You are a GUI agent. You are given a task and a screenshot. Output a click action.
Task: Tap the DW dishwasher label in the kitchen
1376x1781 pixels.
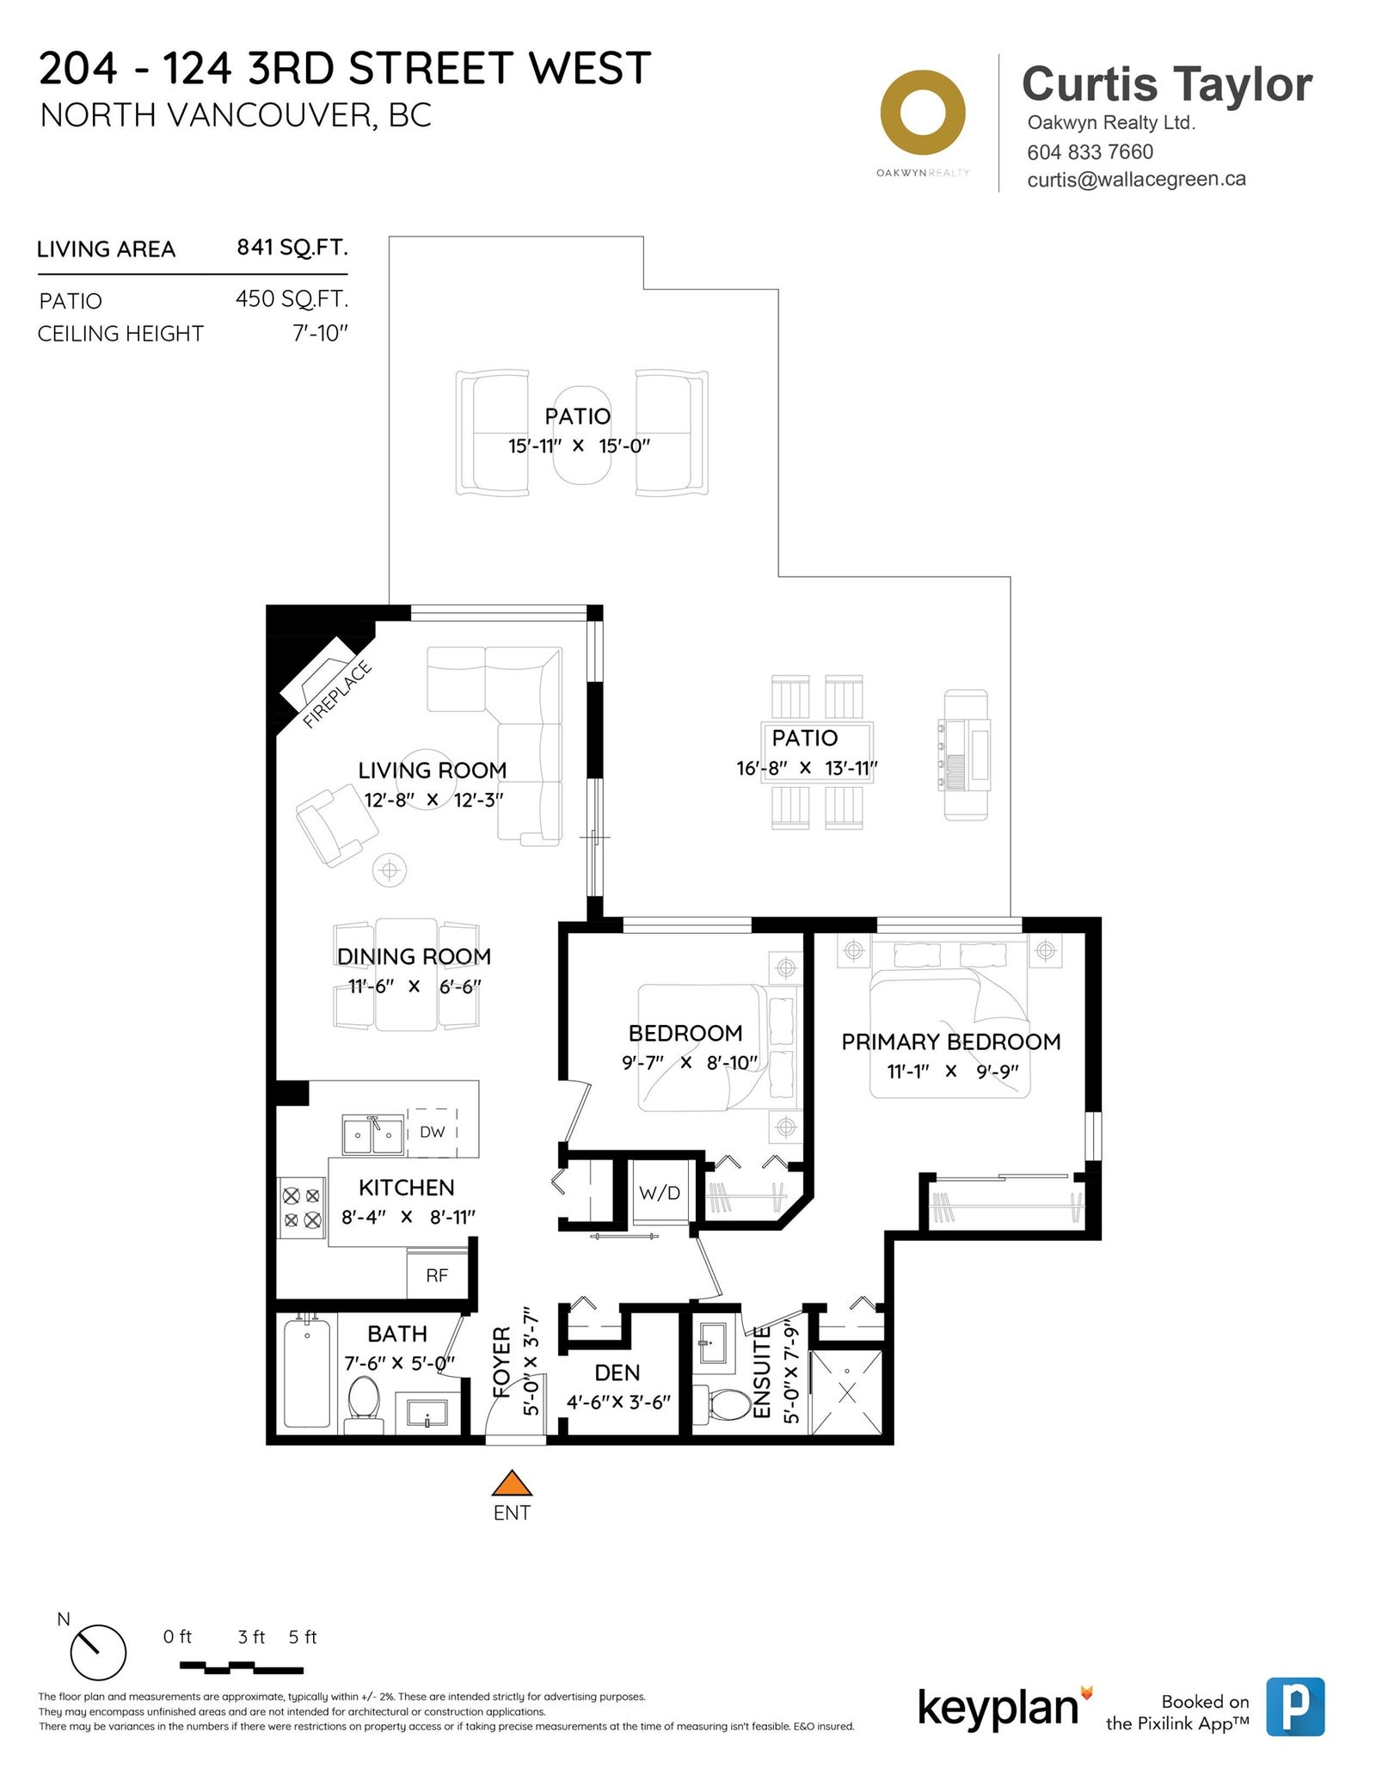click(x=432, y=1132)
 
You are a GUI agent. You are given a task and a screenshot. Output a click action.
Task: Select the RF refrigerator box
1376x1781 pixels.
click(x=437, y=1274)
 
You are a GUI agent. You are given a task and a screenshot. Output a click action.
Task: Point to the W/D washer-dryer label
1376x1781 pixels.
click(x=660, y=1193)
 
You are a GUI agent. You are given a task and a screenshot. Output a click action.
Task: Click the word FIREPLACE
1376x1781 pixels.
click(x=337, y=694)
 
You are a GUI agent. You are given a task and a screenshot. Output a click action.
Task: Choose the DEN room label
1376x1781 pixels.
click(x=617, y=1372)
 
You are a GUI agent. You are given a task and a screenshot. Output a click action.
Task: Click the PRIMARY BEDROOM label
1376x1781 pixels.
click(x=950, y=1041)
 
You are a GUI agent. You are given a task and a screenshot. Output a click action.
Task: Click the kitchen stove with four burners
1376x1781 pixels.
click(x=302, y=1207)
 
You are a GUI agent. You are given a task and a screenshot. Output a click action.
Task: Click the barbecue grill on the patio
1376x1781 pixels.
click(x=965, y=754)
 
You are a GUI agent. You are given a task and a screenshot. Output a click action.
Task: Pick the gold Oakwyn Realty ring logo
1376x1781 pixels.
click(x=923, y=114)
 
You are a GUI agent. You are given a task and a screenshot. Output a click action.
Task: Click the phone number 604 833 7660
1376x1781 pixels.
click(x=1090, y=151)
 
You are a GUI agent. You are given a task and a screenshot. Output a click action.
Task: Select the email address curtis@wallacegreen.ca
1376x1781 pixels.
click(x=1136, y=179)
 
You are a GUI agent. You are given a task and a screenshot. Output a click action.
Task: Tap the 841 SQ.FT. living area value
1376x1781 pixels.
click(x=292, y=248)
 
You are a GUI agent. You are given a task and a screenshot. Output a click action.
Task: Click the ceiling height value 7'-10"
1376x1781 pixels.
click(x=320, y=333)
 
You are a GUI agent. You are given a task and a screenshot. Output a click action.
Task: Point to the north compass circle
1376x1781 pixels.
click(x=98, y=1652)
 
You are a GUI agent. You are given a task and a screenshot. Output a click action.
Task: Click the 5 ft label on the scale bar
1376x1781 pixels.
click(x=303, y=1637)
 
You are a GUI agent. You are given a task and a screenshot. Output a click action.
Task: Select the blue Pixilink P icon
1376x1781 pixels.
click(x=1295, y=1707)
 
